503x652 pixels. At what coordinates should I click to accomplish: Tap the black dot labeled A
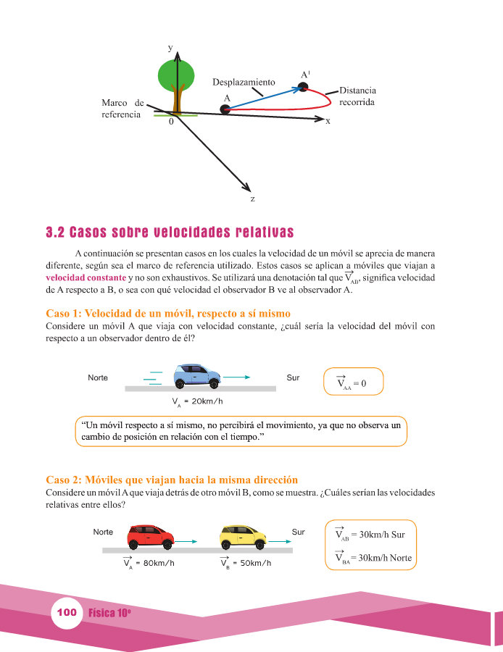point(225,109)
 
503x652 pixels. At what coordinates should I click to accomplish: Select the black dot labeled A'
point(304,88)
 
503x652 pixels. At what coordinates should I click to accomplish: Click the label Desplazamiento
point(244,83)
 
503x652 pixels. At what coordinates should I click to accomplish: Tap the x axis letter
point(328,122)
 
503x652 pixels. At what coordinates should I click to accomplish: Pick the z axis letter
point(251,198)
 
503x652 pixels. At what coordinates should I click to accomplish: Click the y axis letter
point(170,48)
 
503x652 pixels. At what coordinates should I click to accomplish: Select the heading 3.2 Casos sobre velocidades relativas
point(170,233)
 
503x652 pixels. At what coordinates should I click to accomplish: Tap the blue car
point(196,375)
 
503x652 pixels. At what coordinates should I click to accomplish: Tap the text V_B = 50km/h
point(246,563)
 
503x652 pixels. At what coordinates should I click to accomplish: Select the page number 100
point(66,613)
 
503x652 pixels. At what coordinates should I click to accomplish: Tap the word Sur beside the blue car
point(293,378)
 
